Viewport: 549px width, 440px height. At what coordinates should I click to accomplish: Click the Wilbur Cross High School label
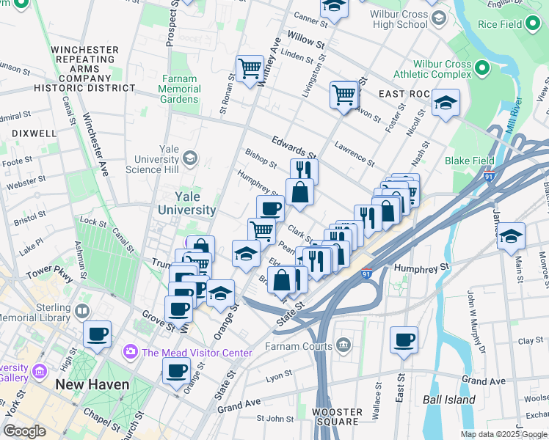[400, 19]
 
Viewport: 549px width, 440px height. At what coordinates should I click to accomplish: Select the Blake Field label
[468, 161]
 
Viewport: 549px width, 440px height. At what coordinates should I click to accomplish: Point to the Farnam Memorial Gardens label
[178, 89]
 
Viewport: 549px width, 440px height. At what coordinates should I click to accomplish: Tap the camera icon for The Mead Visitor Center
[131, 353]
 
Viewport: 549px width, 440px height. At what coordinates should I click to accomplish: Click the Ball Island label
[448, 400]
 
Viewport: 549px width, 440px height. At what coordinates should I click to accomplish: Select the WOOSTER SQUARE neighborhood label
[338, 416]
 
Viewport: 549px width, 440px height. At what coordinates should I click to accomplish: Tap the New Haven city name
[92, 384]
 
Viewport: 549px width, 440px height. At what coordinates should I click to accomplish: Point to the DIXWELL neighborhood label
[34, 133]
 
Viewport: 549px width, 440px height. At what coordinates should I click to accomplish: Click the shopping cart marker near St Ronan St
[250, 68]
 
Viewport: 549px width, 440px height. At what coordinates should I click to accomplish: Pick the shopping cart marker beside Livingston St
[343, 93]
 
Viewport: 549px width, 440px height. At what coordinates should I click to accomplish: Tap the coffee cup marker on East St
[404, 340]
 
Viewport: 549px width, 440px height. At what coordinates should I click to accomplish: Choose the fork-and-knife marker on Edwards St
[304, 171]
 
